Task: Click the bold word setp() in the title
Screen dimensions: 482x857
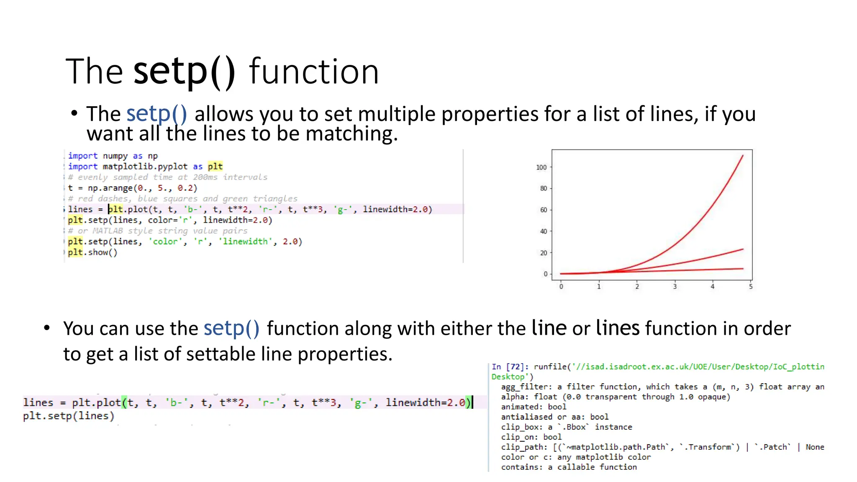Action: point(184,71)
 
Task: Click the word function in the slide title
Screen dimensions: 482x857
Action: point(314,71)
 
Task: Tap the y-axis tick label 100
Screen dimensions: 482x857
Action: point(541,167)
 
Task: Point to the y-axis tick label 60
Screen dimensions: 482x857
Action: point(543,210)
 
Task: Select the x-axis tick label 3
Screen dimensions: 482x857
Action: point(675,287)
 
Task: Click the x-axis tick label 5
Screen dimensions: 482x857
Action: point(751,287)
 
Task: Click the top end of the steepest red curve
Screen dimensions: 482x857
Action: point(743,156)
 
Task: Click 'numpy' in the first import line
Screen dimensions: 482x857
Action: point(115,156)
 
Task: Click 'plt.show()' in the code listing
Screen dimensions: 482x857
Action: point(92,252)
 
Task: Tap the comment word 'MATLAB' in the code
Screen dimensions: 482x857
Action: point(108,231)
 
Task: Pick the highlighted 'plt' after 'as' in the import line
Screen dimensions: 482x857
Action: point(215,167)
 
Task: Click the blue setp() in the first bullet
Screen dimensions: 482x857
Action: point(157,114)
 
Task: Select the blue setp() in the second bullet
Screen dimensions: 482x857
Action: point(231,328)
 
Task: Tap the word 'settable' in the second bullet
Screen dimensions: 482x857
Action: point(221,354)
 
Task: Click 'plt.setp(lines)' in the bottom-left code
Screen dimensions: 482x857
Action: point(68,416)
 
